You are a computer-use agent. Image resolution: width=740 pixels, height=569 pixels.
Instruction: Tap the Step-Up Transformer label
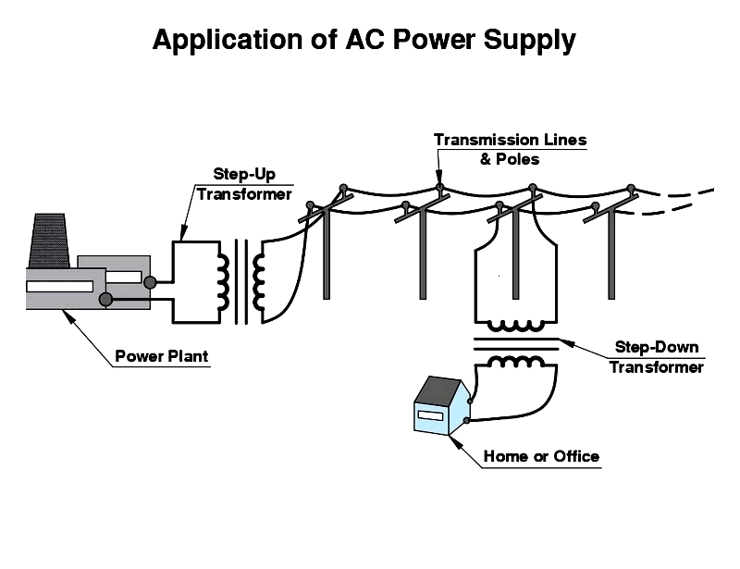tap(243, 183)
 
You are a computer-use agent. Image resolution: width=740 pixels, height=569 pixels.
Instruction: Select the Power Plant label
tap(162, 356)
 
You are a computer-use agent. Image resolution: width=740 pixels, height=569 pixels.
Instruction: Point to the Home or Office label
tap(541, 456)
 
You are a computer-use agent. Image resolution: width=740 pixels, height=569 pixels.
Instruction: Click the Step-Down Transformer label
tap(656, 357)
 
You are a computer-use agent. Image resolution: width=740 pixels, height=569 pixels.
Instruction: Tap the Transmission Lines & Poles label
tap(510, 149)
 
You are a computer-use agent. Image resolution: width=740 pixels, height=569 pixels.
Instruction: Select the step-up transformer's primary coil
tap(222, 280)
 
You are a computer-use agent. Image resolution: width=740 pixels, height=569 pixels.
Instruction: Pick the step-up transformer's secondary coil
tap(258, 280)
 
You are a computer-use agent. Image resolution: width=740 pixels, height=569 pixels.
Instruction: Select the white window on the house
tap(430, 415)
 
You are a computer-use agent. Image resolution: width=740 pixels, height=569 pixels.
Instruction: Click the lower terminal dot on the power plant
tap(106, 299)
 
